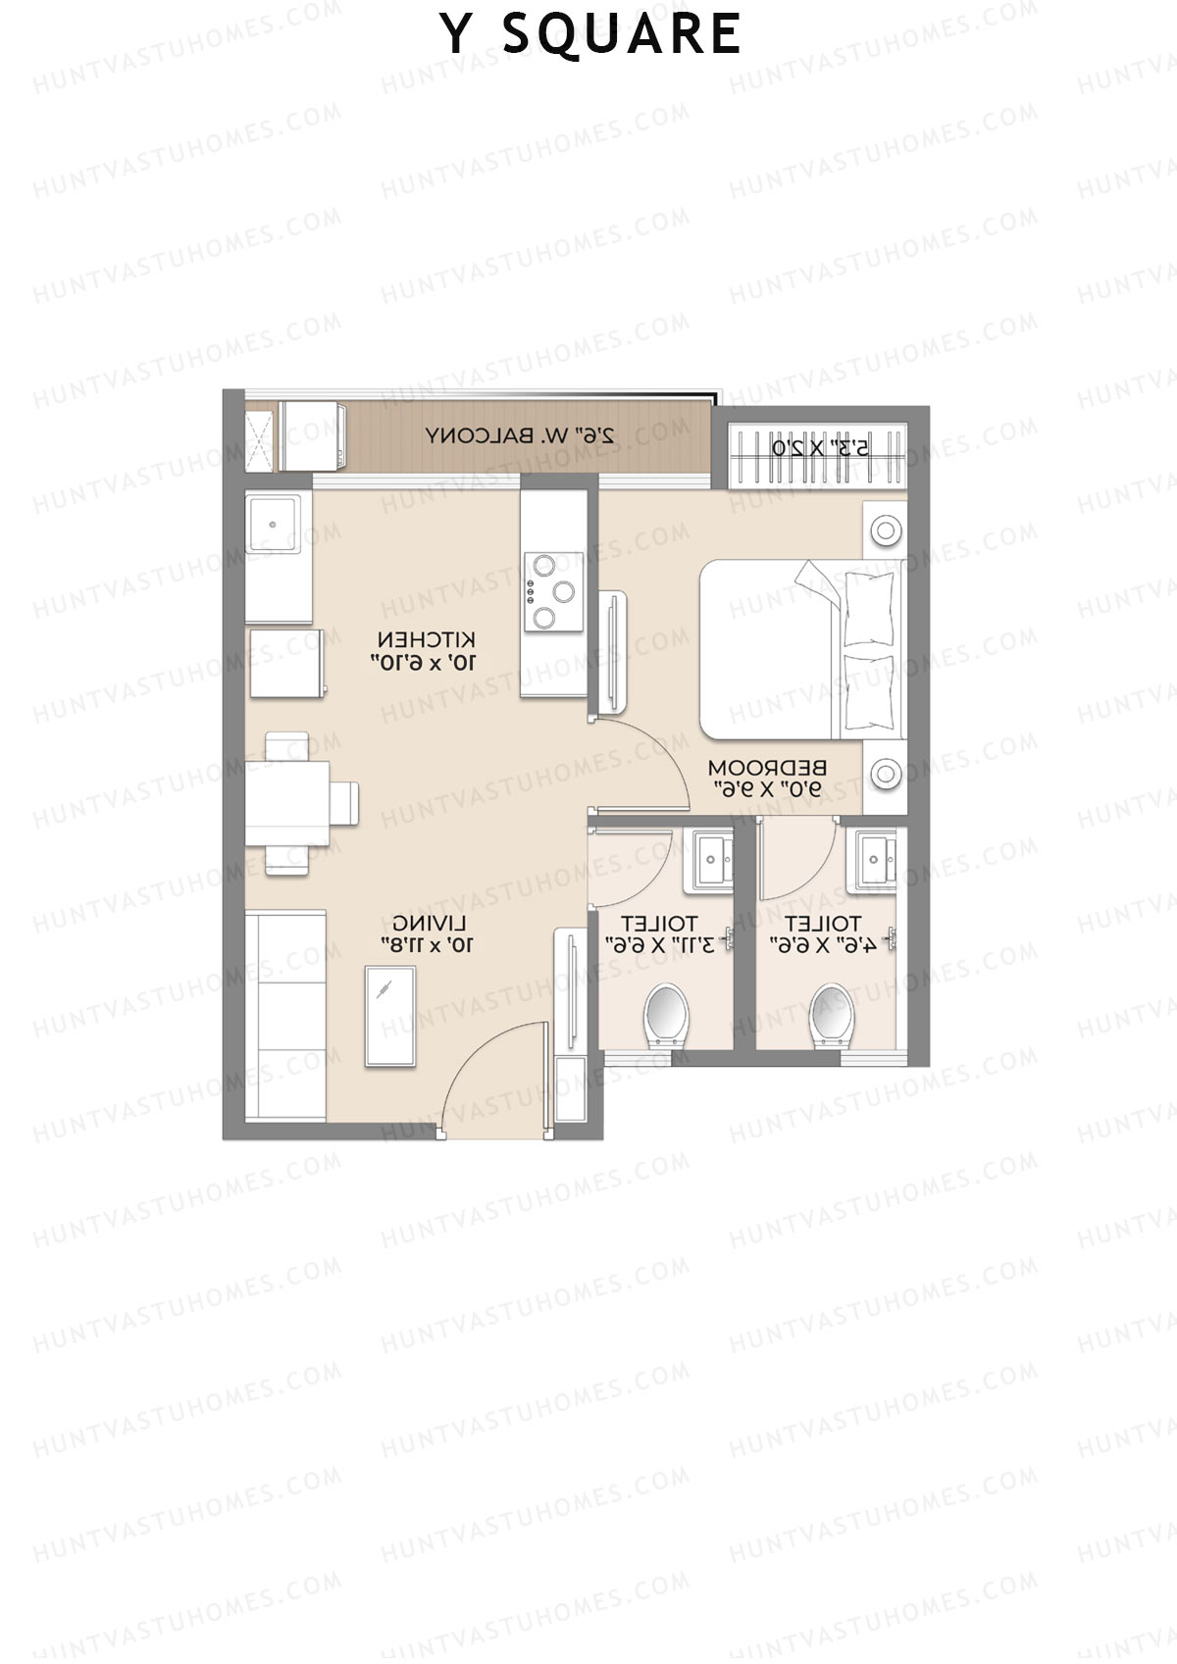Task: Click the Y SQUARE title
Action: click(x=589, y=34)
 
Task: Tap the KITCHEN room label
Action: click(x=425, y=651)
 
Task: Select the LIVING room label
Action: click(x=428, y=933)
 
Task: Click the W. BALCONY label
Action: click(x=519, y=435)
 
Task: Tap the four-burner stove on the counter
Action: click(x=552, y=590)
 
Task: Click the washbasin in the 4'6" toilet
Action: click(x=876, y=862)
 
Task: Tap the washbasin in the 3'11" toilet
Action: click(x=712, y=861)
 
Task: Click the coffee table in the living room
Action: click(x=389, y=1015)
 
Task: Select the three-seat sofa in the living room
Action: click(x=285, y=1015)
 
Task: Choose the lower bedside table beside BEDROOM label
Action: click(x=884, y=774)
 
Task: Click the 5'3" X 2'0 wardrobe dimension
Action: click(x=820, y=449)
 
